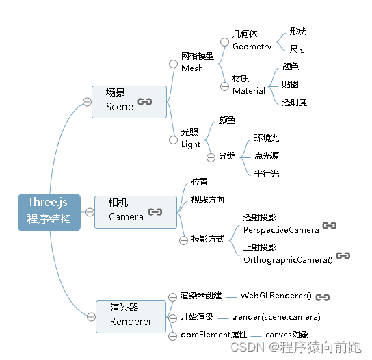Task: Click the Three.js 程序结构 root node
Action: tap(49, 212)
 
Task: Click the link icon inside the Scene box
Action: tap(145, 101)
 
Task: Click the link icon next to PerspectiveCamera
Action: tap(330, 225)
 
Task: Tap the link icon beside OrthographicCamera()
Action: tap(343, 255)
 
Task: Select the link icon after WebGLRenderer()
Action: tap(323, 296)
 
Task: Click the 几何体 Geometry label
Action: tap(252, 40)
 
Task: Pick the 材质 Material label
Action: tap(248, 85)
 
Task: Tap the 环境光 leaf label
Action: tap(267, 138)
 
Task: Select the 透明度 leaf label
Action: tap(295, 102)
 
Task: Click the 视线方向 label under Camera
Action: tap(208, 200)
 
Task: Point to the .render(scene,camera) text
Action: tap(276, 317)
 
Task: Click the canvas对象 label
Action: tap(287, 335)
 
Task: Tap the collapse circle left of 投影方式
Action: tap(183, 240)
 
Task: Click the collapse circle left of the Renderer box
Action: tap(88, 316)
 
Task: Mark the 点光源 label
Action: tap(267, 155)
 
